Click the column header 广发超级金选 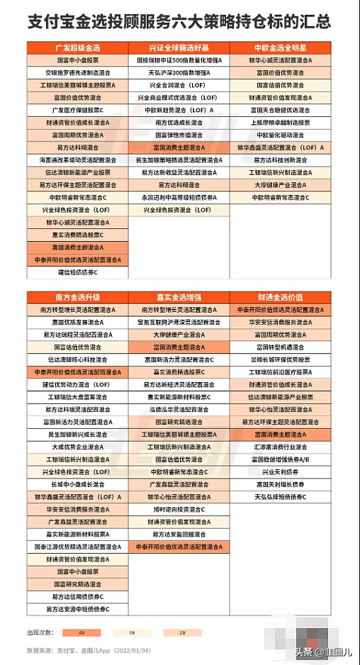78,47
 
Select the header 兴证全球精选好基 179,47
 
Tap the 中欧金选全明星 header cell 281,47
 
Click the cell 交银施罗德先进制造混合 78,72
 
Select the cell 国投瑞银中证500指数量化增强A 179,60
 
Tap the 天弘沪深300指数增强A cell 179,72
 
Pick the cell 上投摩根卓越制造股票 281,122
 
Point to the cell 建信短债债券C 78,272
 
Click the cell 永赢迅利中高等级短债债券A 179,197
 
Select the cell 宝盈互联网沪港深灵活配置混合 179,322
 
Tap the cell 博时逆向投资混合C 179,509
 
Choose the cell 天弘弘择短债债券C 281,497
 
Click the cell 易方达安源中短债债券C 78,609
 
